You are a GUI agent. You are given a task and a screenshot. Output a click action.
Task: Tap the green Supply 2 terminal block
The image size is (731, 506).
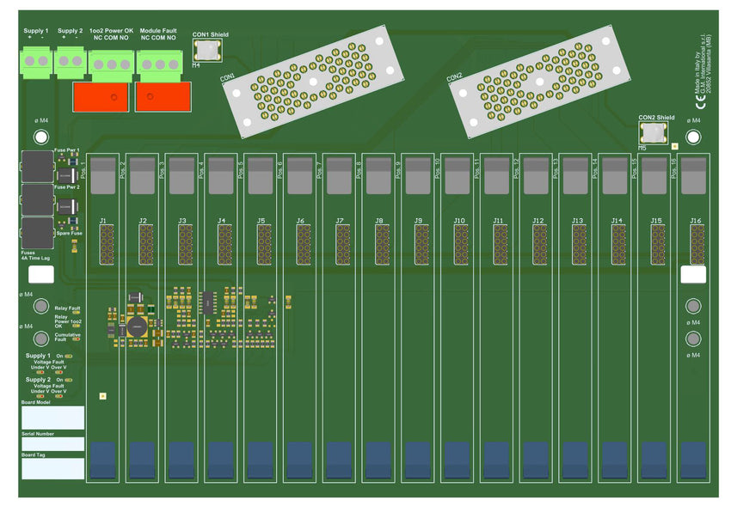tap(70, 62)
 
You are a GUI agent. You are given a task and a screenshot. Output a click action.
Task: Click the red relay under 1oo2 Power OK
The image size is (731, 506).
tap(101, 96)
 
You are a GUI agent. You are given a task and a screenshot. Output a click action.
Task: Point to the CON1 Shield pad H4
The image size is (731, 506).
tap(209, 51)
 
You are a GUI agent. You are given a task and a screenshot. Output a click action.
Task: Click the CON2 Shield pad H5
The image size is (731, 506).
tap(654, 133)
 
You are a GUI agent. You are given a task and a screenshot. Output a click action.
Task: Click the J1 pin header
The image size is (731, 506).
tap(106, 245)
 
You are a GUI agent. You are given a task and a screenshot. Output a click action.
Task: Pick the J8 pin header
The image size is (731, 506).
tap(381, 245)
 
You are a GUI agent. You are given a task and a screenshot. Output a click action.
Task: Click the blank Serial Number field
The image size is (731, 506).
tap(52, 444)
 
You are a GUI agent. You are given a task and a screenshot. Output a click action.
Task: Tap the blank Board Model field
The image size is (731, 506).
tap(52, 418)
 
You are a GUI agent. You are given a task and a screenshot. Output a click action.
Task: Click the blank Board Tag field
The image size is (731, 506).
tap(52, 468)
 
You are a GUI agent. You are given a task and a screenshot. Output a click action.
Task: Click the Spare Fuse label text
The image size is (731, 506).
tap(68, 233)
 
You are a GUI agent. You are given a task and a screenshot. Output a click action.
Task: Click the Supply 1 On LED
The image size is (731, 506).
tap(69, 356)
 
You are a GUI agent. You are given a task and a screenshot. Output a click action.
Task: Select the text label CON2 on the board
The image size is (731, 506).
tap(455, 76)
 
